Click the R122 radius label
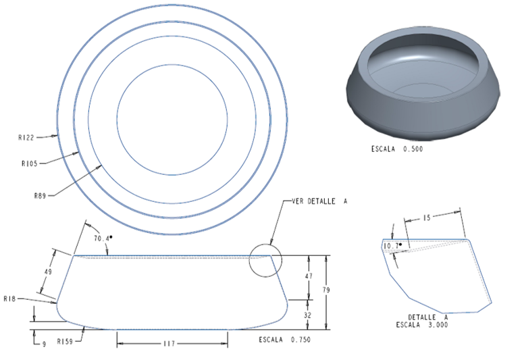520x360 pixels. click(26, 138)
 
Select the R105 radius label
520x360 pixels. click(30, 163)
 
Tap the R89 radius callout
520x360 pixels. click(40, 196)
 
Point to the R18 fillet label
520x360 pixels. click(9, 299)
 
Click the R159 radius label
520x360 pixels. click(65, 341)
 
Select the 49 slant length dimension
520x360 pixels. click(48, 272)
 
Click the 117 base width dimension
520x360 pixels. click(169, 343)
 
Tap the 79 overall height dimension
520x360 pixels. click(326, 290)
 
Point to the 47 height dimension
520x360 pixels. click(309, 276)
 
